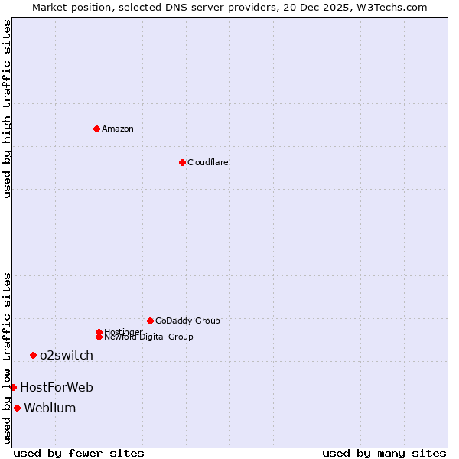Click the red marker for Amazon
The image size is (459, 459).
pyautogui.click(x=96, y=129)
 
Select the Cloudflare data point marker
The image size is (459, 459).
pyautogui.click(x=182, y=162)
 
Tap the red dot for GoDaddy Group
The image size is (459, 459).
pyautogui.click(x=150, y=321)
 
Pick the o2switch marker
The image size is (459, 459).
pyautogui.click(x=33, y=355)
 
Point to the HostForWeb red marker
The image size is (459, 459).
pyautogui.click(x=13, y=387)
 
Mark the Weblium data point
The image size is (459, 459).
pyautogui.click(x=17, y=408)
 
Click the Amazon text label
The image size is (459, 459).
pyautogui.click(x=118, y=129)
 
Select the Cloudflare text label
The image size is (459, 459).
pyautogui.click(x=208, y=162)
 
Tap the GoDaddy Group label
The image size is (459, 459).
pyautogui.click(x=187, y=321)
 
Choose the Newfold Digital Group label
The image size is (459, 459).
pyautogui.click(x=149, y=337)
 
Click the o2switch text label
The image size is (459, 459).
pyautogui.click(x=67, y=355)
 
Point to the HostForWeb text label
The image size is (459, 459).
pyautogui.click(x=57, y=387)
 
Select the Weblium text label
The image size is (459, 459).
pyautogui.click(x=50, y=408)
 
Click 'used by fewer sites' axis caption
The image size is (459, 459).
pyautogui.click(x=79, y=453)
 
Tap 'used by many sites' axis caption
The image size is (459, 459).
pyautogui.click(x=384, y=453)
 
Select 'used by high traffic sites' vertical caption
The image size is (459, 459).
pyautogui.click(x=7, y=109)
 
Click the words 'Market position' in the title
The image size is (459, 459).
pyautogui.click(x=67, y=7)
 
